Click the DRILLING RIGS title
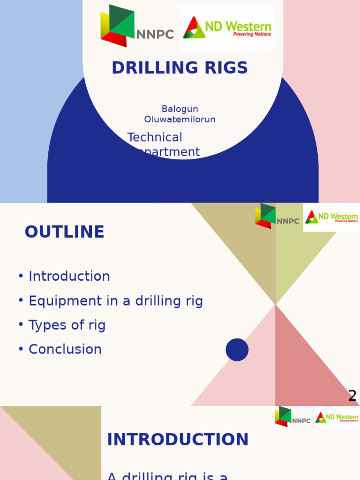pos(180,68)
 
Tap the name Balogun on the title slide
pos(180,109)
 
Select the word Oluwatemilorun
pos(180,120)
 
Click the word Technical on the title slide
pos(155,137)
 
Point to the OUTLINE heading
pos(64,232)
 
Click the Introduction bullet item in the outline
pos(69,276)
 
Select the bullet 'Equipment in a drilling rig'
pos(115,301)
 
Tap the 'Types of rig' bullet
pos(67,325)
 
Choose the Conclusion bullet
pos(65,349)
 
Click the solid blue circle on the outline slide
pos(237,350)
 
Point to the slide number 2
pos(352,396)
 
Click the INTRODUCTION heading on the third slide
pos(178,440)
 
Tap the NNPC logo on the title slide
pos(136,27)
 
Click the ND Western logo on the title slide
pos(227,28)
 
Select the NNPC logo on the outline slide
pos(277,217)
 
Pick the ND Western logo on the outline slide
pos(331,217)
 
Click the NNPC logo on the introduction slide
pos(292,417)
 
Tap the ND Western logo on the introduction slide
pos(337,417)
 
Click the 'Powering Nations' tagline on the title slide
pos(252,35)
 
